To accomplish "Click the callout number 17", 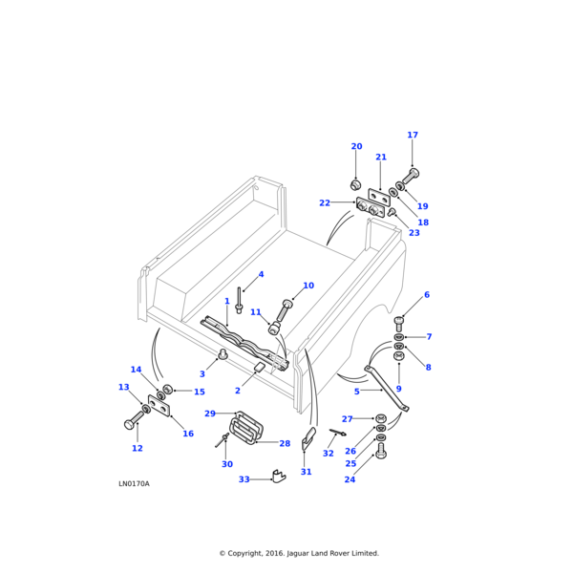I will point(413,136).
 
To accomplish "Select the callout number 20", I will point(356,147).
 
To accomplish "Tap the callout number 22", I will point(325,202).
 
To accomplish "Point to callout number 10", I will point(308,286).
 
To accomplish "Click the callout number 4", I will point(261,275).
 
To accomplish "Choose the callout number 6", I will point(427,295).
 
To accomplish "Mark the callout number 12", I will point(138,448).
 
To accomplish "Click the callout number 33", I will point(244,479).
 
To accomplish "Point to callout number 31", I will point(307,472).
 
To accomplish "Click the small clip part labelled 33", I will point(279,477).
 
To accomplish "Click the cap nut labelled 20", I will point(355,184).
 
